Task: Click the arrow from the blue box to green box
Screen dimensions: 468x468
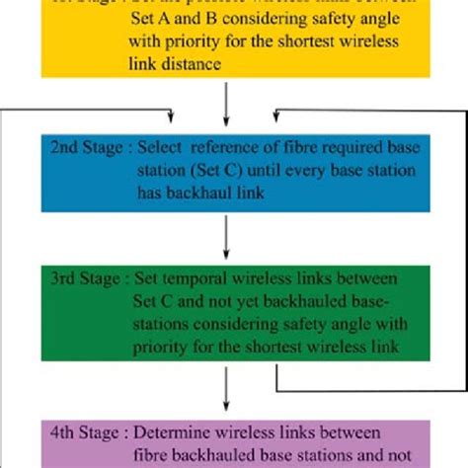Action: (229, 234)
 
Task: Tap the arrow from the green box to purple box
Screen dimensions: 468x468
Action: (229, 392)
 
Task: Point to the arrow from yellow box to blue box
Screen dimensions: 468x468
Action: (229, 103)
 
